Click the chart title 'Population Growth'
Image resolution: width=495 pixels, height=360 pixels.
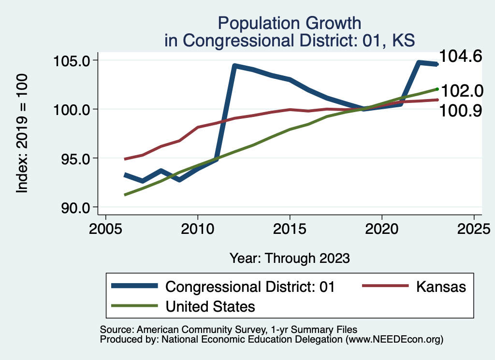click(x=289, y=23)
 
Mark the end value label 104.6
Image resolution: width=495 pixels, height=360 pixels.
click(x=460, y=57)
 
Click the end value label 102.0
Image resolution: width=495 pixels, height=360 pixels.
click(x=460, y=90)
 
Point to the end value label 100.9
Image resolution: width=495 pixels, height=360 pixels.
click(x=460, y=112)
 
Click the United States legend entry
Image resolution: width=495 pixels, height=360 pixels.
click(x=210, y=306)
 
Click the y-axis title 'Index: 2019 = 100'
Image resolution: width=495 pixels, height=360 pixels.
click(x=22, y=134)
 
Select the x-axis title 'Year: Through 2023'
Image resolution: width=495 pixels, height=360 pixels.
click(x=289, y=258)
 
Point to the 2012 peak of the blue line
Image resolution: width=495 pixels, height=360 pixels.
click(x=234, y=65)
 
